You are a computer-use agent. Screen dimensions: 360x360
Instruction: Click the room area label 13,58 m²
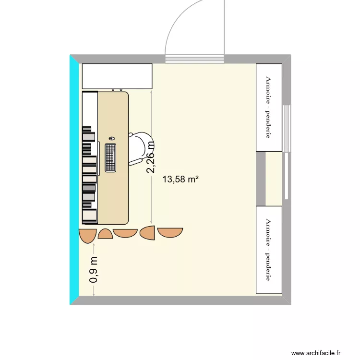click(180, 180)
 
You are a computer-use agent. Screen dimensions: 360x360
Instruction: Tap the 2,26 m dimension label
click(151, 157)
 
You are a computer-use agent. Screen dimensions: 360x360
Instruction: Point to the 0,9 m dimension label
click(94, 269)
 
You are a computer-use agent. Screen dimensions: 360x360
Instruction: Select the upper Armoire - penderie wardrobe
click(269, 108)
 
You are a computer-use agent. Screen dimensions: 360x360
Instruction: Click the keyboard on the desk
click(111, 157)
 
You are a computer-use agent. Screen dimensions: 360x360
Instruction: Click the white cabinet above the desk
click(117, 76)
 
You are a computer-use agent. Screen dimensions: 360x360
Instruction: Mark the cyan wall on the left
click(74, 180)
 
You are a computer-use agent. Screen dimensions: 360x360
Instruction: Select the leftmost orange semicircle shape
click(87, 236)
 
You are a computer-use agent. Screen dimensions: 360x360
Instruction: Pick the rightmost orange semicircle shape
click(170, 232)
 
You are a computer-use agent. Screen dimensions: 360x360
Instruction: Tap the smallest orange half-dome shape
click(105, 234)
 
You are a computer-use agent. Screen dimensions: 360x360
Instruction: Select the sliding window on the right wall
click(287, 151)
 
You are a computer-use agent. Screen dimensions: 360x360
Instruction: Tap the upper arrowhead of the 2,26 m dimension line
click(151, 92)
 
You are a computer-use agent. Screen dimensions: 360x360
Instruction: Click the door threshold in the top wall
click(195, 60)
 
